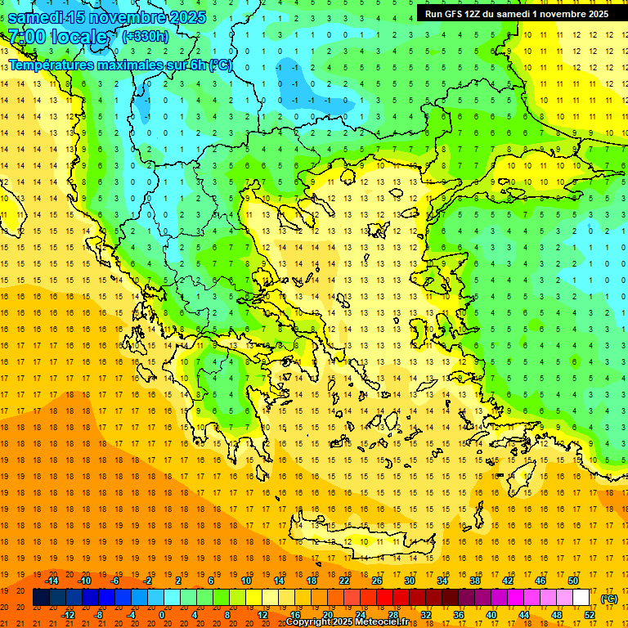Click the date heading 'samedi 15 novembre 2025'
106,17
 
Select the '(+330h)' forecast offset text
146,37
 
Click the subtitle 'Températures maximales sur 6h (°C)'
119,65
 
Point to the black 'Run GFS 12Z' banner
516,14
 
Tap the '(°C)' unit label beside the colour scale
609,599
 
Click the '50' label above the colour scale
572,581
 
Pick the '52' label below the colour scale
590,615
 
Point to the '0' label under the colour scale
162,615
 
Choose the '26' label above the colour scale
377,581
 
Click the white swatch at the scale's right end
581,598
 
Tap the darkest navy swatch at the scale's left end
42,598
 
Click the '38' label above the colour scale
475,581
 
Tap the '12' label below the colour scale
262,615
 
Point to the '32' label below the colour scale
426,615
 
